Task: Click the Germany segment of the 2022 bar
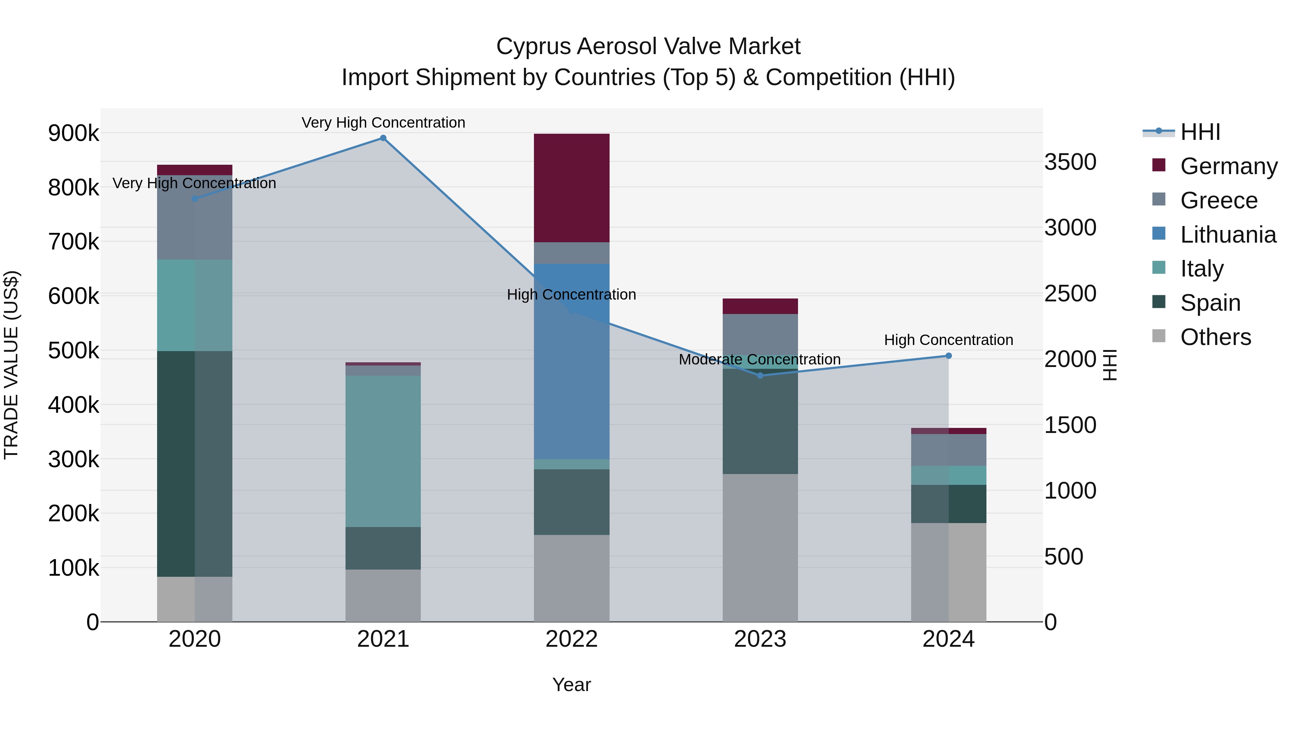point(571,188)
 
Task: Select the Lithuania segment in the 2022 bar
point(571,361)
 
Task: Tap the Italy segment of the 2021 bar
point(383,451)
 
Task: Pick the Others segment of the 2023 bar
point(760,548)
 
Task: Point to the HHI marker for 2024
point(949,356)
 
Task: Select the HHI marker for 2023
point(760,375)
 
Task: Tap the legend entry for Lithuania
point(1227,235)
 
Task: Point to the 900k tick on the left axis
point(73,133)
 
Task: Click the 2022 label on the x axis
point(571,639)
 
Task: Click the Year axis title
point(571,685)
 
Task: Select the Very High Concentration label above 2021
point(383,123)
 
